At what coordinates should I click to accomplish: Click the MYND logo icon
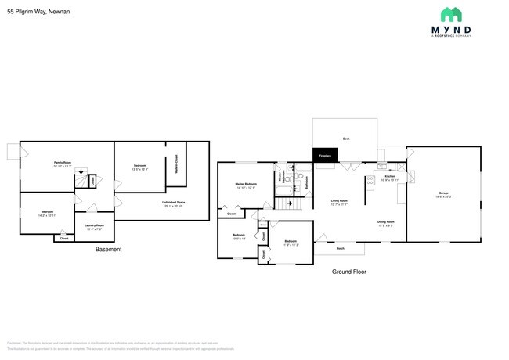tap(450, 13)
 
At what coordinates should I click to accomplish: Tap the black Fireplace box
tap(325, 156)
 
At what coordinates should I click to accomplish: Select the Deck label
tap(345, 139)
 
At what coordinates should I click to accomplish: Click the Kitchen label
tap(389, 177)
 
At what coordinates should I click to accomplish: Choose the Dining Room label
tap(385, 221)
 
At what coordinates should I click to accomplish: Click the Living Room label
tap(338, 201)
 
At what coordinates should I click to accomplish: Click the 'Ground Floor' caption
tap(348, 272)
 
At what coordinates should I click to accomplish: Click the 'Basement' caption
tap(108, 250)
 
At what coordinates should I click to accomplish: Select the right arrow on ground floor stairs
tap(290, 203)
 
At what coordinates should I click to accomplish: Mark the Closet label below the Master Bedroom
tap(231, 214)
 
